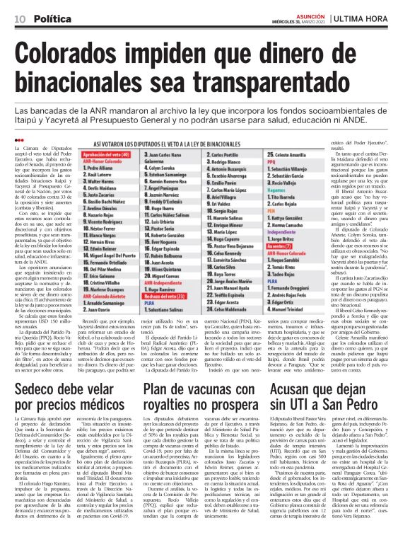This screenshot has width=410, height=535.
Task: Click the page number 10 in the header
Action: pyautogui.click(x=16, y=16)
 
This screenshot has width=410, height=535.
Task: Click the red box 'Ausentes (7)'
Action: pyautogui.click(x=303, y=246)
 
